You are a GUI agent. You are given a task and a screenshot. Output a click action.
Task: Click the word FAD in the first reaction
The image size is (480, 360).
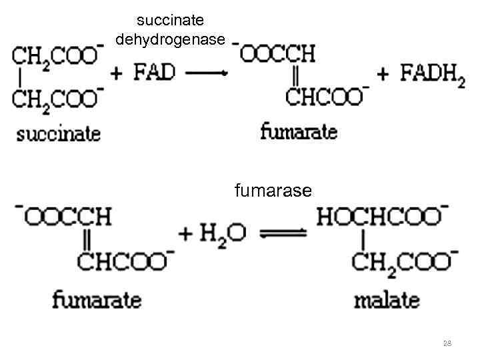click(x=155, y=72)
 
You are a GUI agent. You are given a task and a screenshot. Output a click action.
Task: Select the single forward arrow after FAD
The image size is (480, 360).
click(x=207, y=73)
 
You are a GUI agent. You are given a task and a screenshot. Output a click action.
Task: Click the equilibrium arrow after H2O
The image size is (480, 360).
click(x=283, y=233)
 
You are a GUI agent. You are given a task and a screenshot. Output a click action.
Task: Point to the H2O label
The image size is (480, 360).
click(x=223, y=233)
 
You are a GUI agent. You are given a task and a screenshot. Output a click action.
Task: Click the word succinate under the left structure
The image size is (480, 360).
click(x=59, y=133)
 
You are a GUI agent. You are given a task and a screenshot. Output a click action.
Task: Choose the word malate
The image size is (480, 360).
click(x=386, y=299)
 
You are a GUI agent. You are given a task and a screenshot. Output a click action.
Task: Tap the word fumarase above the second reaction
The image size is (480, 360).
click(x=273, y=191)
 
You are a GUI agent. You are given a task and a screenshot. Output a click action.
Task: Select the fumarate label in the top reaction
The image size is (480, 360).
click(x=298, y=131)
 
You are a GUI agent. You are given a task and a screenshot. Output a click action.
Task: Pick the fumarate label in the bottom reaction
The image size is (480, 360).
click(x=97, y=299)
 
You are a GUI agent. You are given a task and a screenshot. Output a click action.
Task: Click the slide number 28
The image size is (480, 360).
click(x=447, y=343)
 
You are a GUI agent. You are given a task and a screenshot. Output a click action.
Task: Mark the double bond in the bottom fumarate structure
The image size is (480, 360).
click(x=87, y=238)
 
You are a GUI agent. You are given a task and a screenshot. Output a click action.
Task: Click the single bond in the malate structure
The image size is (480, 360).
click(x=362, y=238)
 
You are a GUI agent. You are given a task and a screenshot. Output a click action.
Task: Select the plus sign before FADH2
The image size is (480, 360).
click(x=383, y=74)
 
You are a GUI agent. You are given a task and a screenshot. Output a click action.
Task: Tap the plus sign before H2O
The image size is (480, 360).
click(x=186, y=233)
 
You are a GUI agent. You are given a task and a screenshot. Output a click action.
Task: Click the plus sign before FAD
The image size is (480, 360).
click(x=117, y=73)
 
